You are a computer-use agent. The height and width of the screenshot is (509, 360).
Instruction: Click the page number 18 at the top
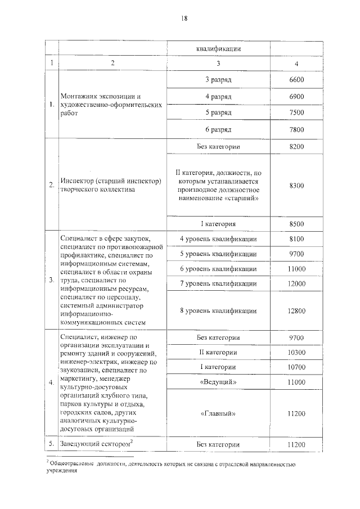point(183,18)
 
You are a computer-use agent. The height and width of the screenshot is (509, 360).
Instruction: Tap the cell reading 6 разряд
point(219,130)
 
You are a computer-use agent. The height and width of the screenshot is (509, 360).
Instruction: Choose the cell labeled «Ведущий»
point(219,382)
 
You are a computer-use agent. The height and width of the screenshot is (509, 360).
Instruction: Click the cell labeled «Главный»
point(219,413)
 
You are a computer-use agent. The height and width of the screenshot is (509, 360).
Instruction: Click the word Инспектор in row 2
point(77,181)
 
